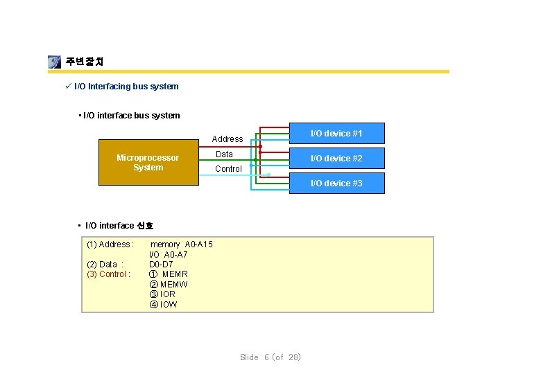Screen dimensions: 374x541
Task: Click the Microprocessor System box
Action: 148,163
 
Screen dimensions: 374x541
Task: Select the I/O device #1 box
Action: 336,133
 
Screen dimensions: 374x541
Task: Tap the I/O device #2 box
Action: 336,158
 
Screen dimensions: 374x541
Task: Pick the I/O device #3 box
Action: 336,183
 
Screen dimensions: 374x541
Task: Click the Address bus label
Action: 227,139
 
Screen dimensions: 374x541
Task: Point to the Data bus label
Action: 224,154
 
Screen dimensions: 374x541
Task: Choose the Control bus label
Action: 228,169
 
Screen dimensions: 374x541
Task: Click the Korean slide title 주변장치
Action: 85,62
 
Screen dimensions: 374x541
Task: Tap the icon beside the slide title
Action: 55,62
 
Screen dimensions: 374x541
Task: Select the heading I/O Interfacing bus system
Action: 126,87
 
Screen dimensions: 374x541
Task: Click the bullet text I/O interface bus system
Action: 132,116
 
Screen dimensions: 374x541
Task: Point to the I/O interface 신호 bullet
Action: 119,226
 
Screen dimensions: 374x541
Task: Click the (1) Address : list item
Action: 110,244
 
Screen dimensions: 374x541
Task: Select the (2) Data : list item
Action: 105,264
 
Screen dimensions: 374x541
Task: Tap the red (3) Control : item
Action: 108,274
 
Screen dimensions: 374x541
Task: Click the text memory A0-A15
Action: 182,244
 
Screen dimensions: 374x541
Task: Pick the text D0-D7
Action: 161,264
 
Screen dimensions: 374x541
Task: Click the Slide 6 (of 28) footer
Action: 270,357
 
